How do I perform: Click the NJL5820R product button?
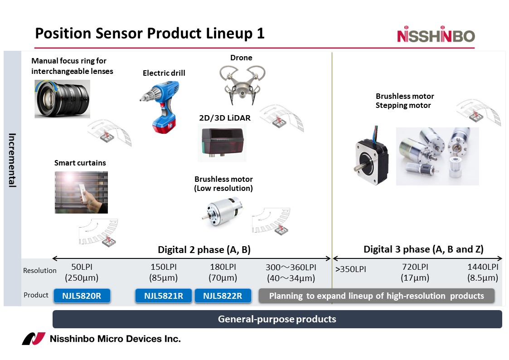click(82, 296)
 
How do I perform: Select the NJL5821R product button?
click(163, 296)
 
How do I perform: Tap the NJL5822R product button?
click(222, 296)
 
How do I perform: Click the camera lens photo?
click(62, 99)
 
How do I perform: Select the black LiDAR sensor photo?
click(222, 142)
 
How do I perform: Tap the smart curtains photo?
click(81, 192)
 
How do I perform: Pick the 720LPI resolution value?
click(415, 267)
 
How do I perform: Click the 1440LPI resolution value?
click(483, 267)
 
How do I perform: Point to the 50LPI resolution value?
click(82, 267)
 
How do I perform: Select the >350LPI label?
click(350, 269)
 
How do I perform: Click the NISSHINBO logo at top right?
click(436, 36)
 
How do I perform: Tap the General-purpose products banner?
click(277, 319)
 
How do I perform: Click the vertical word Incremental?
click(12, 160)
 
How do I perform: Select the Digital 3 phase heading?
click(423, 249)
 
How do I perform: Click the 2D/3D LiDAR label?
click(225, 118)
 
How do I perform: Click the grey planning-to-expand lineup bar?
click(376, 296)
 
